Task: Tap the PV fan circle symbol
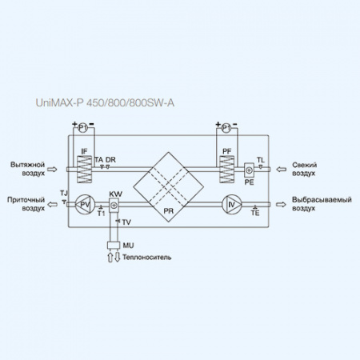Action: click(x=85, y=206)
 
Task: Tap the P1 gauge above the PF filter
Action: click(x=226, y=127)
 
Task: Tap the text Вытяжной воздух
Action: click(x=25, y=168)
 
